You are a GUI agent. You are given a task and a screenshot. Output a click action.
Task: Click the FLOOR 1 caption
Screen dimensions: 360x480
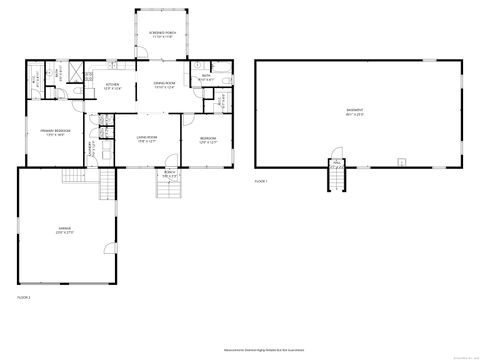(262, 181)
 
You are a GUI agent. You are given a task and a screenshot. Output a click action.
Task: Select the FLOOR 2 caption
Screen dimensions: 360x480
(24, 297)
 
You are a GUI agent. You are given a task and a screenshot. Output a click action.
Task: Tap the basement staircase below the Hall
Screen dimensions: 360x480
(337, 179)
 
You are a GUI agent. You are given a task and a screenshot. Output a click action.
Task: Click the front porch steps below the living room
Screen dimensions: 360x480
(169, 187)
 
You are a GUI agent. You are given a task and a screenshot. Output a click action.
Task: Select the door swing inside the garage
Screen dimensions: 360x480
(73, 178)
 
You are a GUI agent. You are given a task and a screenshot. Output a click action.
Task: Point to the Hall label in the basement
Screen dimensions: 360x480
(337, 160)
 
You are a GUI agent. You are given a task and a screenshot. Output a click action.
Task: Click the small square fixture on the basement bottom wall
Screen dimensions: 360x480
(400, 160)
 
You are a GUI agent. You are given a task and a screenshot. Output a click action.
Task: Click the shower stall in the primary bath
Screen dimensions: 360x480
(70, 72)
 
